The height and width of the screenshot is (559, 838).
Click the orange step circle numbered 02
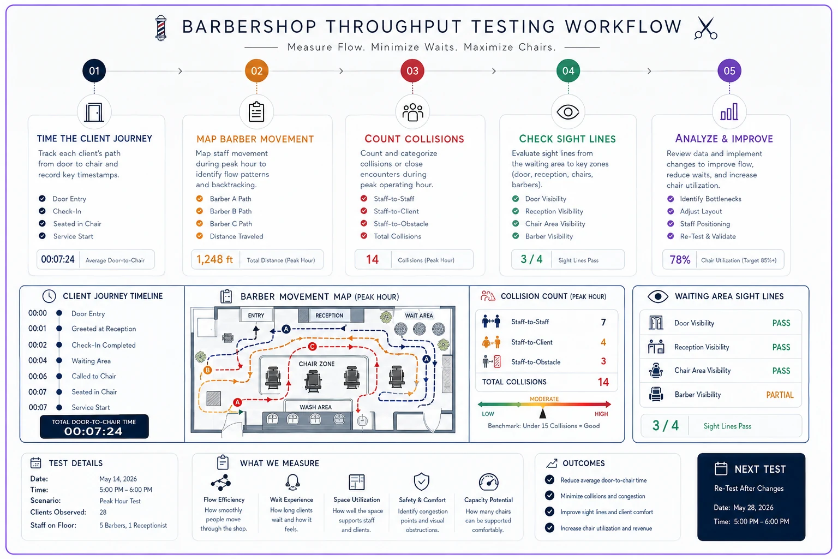coord(256,71)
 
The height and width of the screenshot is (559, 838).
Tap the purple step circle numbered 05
coord(729,71)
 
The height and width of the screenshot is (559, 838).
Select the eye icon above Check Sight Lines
coord(568,112)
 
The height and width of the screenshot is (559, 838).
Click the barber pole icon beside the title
coord(161,28)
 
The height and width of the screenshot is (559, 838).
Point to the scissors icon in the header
coord(705,28)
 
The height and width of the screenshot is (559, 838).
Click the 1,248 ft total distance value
coord(214,259)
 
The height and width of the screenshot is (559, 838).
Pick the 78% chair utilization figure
coord(680,260)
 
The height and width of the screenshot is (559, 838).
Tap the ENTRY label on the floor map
coord(256,316)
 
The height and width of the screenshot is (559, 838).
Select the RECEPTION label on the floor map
coord(329,316)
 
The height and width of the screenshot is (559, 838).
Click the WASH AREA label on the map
coord(315,407)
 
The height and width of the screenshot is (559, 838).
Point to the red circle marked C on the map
coord(313,347)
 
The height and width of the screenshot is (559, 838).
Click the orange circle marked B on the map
coord(208,370)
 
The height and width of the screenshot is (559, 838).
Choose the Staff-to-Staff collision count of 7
coord(603,323)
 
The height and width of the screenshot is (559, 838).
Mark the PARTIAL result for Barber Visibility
coord(780,395)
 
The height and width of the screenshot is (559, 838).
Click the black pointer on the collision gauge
coord(542,413)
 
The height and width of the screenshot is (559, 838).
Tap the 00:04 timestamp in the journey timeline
coord(38,360)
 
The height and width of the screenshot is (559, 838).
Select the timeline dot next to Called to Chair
coord(59,376)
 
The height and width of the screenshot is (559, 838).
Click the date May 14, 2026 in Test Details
coord(118,479)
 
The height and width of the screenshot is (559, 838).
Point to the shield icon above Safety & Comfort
coord(422,481)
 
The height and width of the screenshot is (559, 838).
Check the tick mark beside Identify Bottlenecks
coord(671,199)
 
